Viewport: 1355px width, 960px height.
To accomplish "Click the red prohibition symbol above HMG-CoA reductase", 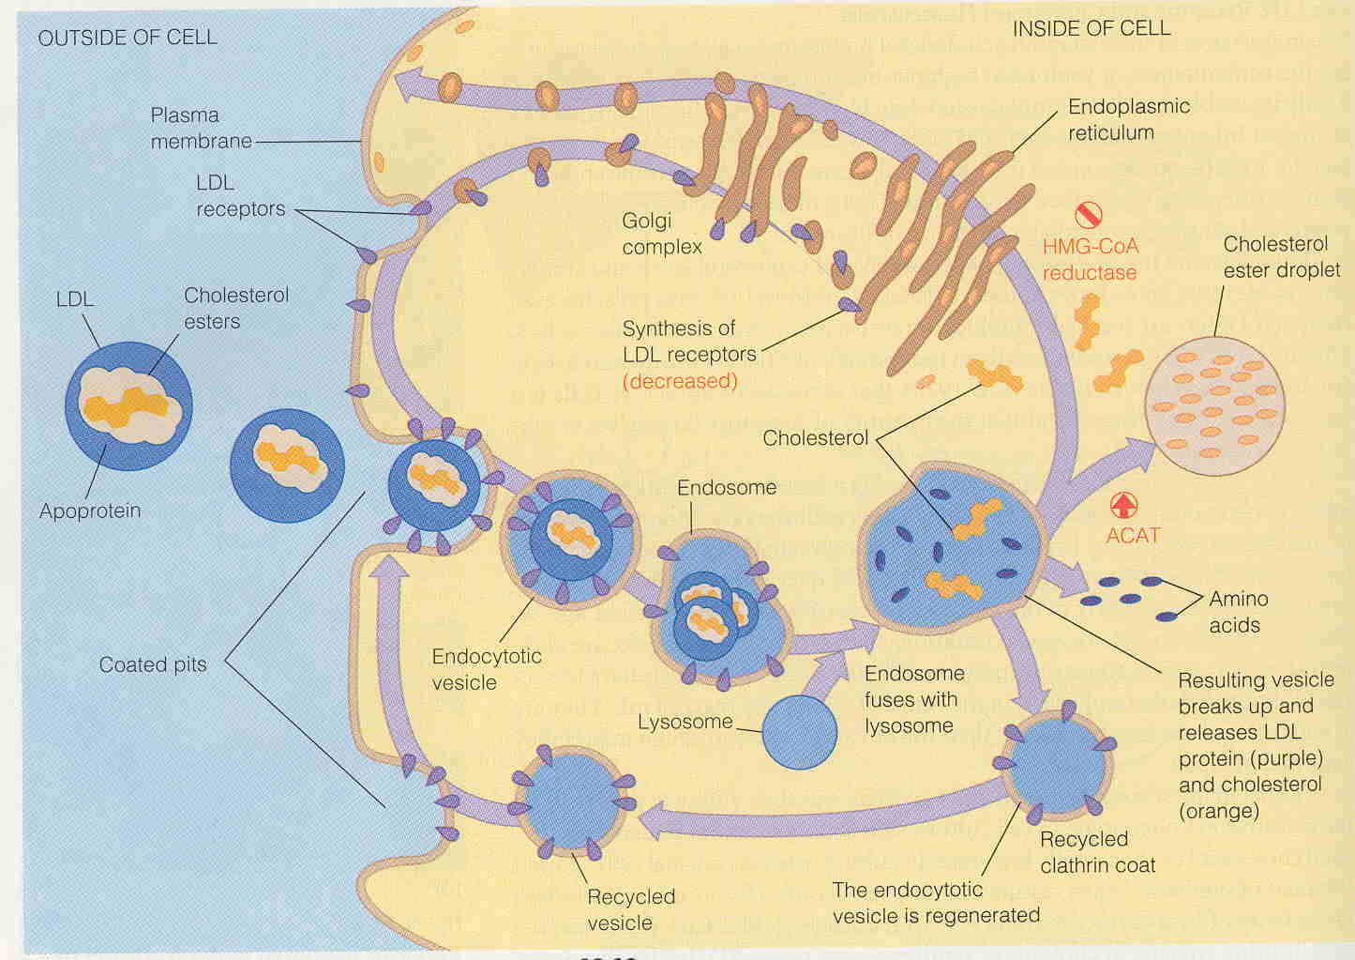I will pyautogui.click(x=1088, y=215).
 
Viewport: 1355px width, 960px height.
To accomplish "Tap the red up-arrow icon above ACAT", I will pyautogui.click(x=1122, y=505).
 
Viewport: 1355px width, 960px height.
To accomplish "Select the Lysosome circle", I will pyautogui.click(x=799, y=731).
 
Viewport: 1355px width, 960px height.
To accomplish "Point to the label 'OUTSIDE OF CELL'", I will pyautogui.click(x=127, y=38).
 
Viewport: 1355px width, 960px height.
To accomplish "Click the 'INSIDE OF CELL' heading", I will pyautogui.click(x=1092, y=29).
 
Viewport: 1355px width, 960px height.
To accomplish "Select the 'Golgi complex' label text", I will pyautogui.click(x=662, y=235).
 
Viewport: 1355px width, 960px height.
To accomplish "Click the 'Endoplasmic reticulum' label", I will pyautogui.click(x=1128, y=119).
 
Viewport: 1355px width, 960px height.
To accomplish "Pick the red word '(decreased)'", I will pyautogui.click(x=680, y=381).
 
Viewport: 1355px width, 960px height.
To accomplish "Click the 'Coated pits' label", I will pyautogui.click(x=153, y=664).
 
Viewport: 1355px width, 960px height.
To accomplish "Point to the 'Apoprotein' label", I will pyautogui.click(x=90, y=510).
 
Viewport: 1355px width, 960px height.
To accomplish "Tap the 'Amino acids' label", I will pyautogui.click(x=1238, y=612).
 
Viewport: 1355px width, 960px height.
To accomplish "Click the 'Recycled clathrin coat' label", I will pyautogui.click(x=1097, y=852).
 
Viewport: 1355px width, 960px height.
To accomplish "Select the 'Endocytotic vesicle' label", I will pyautogui.click(x=486, y=669).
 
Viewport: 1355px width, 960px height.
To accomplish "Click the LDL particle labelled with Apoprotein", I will pyautogui.click(x=128, y=404).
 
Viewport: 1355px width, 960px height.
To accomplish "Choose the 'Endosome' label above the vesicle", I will pyautogui.click(x=727, y=487).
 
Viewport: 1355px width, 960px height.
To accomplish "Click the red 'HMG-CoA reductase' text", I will pyautogui.click(x=1091, y=259).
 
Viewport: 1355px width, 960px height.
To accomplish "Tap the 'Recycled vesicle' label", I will pyautogui.click(x=630, y=909).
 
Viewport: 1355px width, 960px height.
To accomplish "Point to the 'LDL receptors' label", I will pyautogui.click(x=240, y=195).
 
